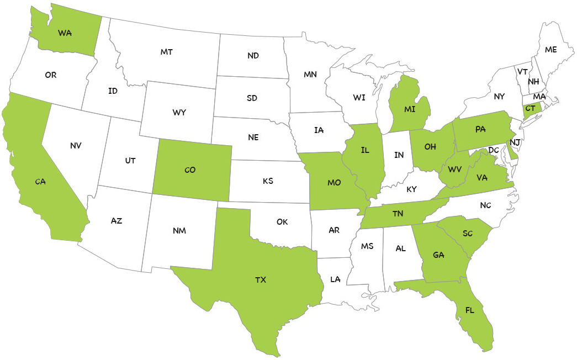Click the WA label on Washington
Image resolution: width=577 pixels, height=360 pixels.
click(65, 33)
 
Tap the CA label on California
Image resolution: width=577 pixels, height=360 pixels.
click(40, 181)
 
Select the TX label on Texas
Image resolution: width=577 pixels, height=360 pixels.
click(261, 280)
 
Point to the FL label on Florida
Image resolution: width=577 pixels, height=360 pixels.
click(470, 310)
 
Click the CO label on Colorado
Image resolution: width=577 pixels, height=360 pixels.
click(190, 170)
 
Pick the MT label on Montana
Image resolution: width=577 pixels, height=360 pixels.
click(167, 52)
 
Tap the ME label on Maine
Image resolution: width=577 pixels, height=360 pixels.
click(550, 50)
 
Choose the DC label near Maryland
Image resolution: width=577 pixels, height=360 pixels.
click(494, 150)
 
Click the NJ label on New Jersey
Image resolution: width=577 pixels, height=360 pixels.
click(515, 142)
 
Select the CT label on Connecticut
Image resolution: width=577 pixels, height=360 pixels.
click(530, 108)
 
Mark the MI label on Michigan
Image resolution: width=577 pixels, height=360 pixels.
click(410, 109)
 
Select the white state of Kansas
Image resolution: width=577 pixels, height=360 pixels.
click(268, 181)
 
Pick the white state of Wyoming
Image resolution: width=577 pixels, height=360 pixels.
click(179, 113)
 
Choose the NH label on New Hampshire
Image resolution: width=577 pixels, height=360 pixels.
click(533, 82)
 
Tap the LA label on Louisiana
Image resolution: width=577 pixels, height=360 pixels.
click(335, 279)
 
